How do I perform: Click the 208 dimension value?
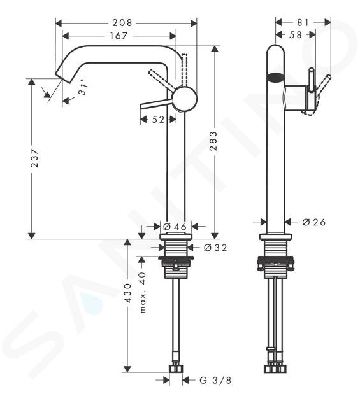(x=122, y=23)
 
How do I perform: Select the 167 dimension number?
(x=119, y=36)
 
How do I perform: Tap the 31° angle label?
(x=83, y=87)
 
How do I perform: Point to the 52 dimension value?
(x=158, y=119)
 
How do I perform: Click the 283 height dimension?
(x=213, y=141)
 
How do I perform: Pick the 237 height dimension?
(x=34, y=158)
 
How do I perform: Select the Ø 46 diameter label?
(x=175, y=227)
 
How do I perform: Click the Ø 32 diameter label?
(x=215, y=248)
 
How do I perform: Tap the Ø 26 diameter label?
(x=313, y=222)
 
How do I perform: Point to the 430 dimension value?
(x=128, y=293)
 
